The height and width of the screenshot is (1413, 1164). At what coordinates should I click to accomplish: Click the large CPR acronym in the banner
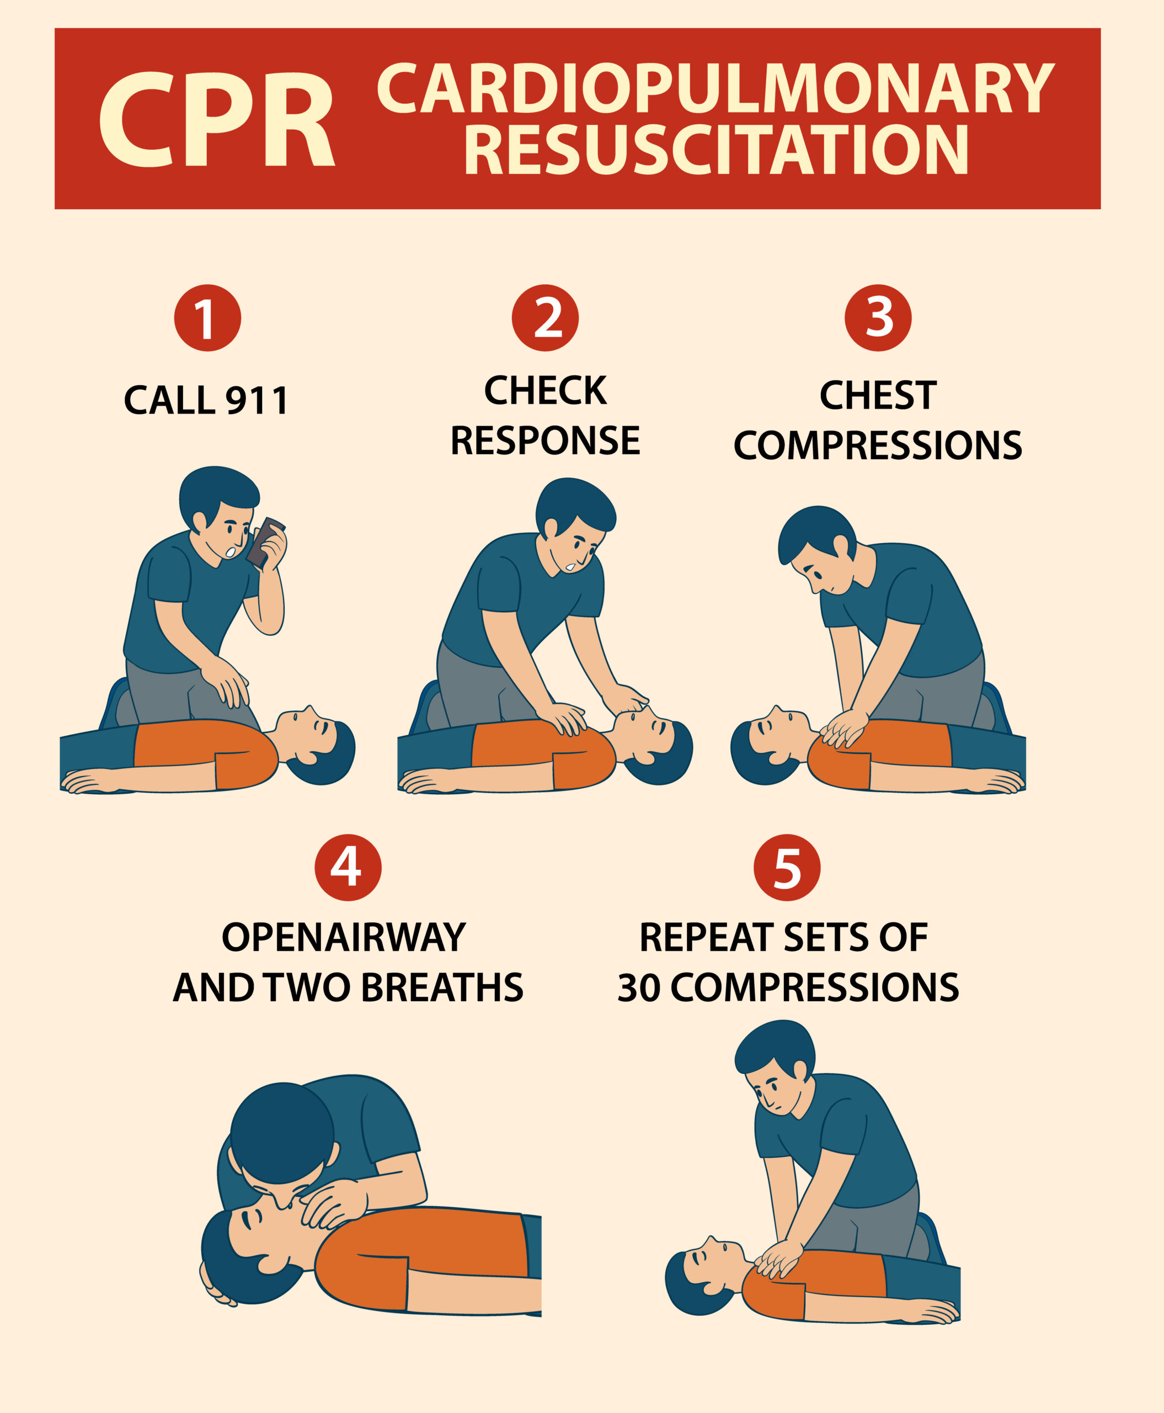(x=217, y=119)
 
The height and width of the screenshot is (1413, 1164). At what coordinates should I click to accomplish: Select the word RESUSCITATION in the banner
(x=716, y=150)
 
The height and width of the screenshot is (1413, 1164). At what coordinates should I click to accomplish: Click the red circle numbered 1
(x=207, y=318)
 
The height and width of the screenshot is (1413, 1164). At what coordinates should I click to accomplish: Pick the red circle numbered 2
(x=545, y=318)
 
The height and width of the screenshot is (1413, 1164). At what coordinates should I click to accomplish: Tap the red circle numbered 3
(x=878, y=318)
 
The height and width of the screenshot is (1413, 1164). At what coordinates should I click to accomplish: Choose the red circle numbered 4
(x=348, y=868)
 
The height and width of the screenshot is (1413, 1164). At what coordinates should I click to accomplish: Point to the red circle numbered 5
(x=787, y=868)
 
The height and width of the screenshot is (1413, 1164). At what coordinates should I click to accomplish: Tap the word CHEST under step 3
(x=878, y=395)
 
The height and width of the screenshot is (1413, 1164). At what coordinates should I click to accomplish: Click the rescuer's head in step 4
(x=281, y=1133)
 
